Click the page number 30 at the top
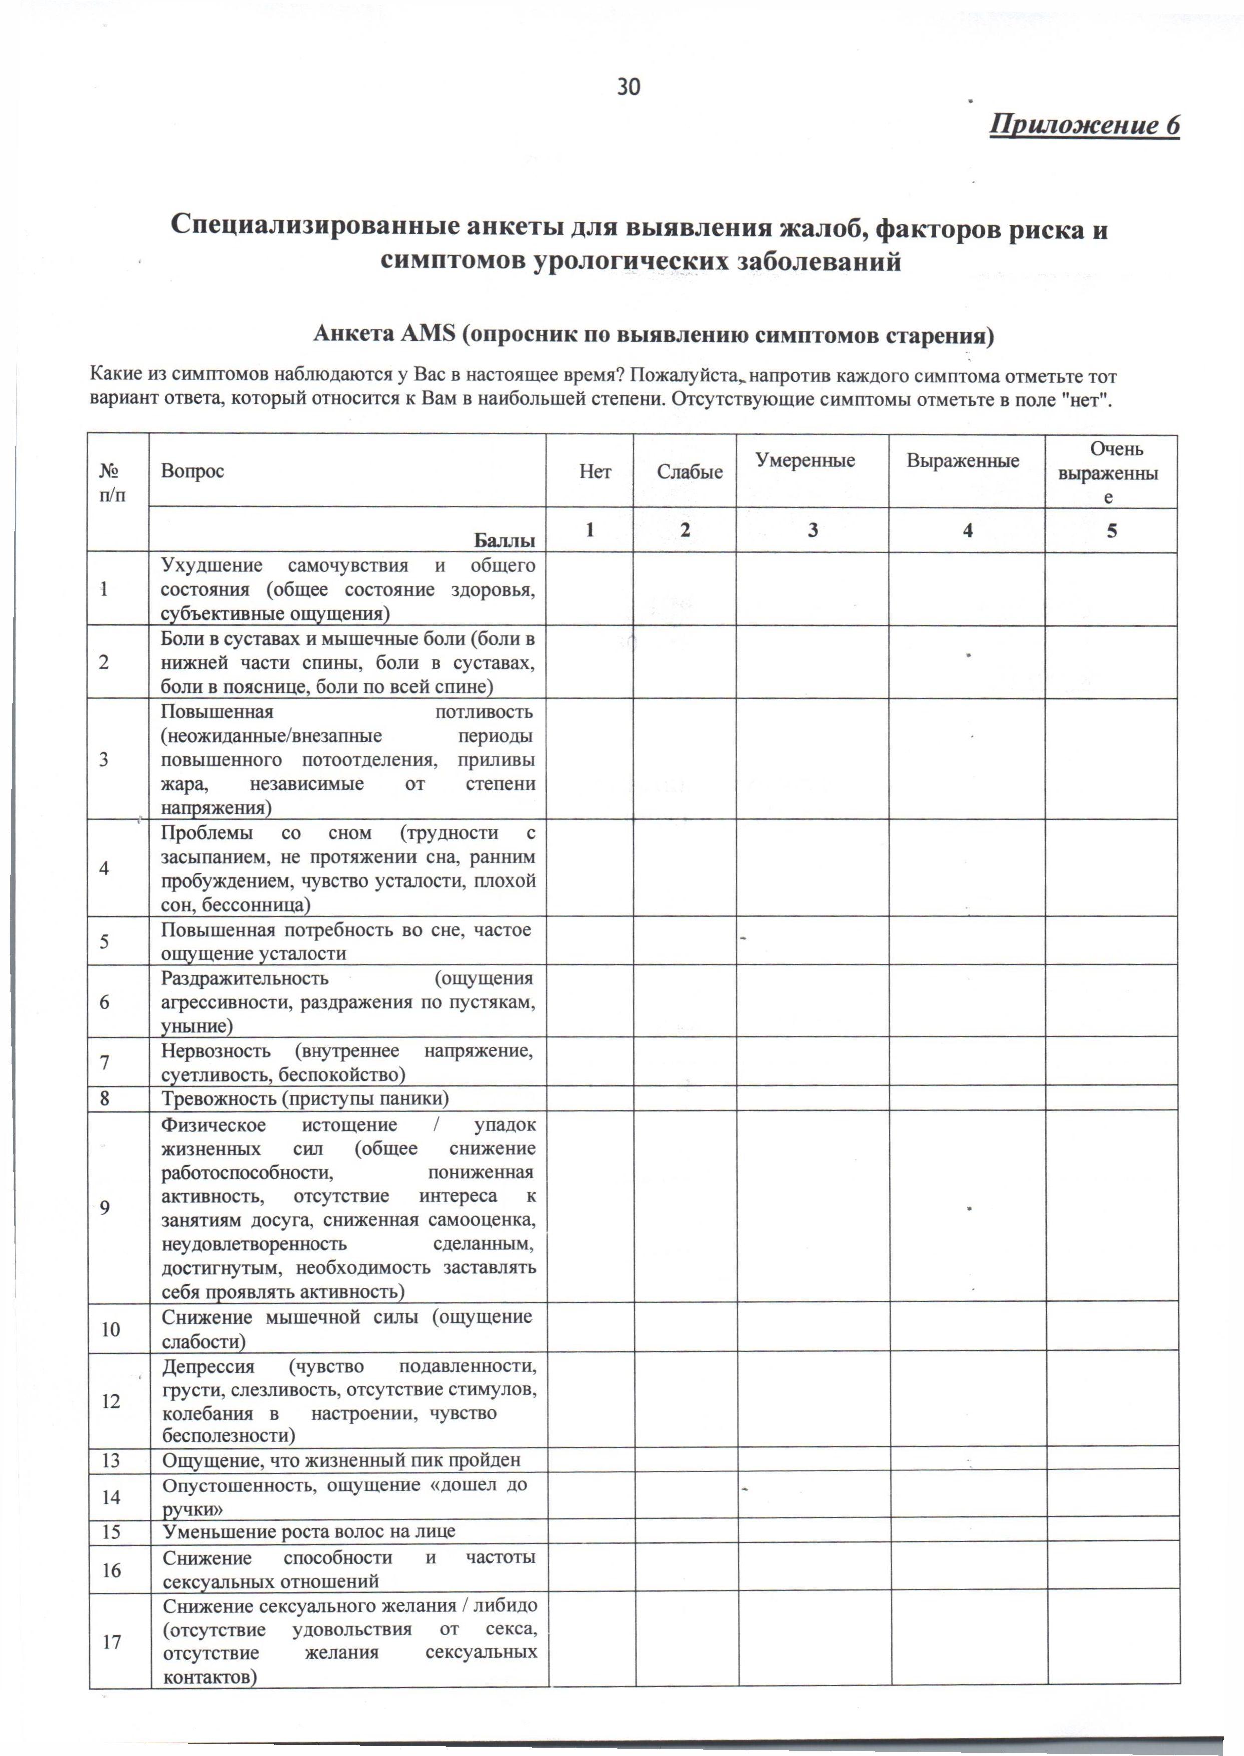pyautogui.click(x=628, y=87)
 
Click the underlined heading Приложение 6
pyautogui.click(x=1084, y=125)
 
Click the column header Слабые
pyautogui.click(x=689, y=472)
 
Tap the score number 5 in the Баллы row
pyautogui.click(x=1111, y=530)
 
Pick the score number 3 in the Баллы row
pyautogui.click(x=813, y=530)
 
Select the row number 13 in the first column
pyautogui.click(x=111, y=1459)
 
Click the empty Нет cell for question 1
pyautogui.click(x=590, y=589)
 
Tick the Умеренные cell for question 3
pyautogui.click(x=813, y=759)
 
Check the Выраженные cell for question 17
pyautogui.click(x=968, y=1641)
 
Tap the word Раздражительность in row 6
pyautogui.click(x=244, y=979)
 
